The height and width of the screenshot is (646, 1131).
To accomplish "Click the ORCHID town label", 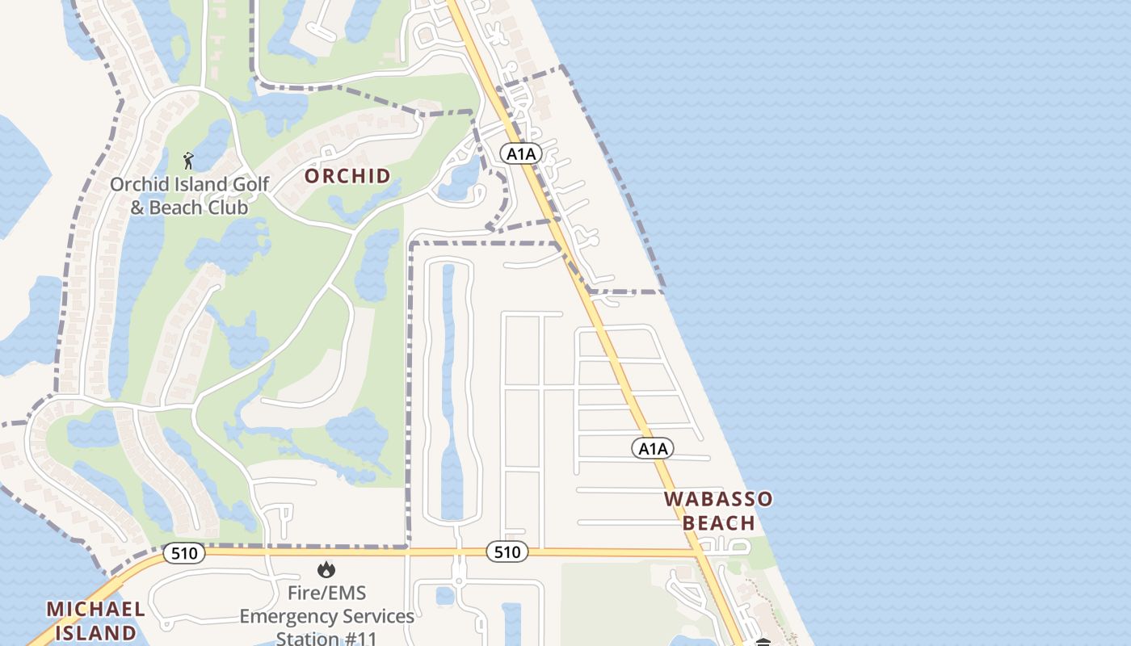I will coord(347,176).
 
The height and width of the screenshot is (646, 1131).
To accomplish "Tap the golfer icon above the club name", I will coord(188,161).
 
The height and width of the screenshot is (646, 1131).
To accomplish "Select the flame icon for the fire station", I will coord(326,570).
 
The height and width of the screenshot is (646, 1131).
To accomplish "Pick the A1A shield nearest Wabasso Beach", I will coord(652,449).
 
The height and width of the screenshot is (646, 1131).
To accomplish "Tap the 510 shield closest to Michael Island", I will coord(184,554).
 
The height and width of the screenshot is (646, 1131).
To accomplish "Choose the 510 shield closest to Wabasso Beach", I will coord(507,552).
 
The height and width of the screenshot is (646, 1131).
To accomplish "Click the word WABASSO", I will coord(718,499).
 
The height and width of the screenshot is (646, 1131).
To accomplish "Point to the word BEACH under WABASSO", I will coord(719,523).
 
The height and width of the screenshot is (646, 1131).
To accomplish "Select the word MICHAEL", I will coord(96,609).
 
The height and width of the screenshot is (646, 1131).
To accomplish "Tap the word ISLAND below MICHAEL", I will coord(96,632).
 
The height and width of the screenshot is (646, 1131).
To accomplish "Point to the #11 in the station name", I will coord(359,639).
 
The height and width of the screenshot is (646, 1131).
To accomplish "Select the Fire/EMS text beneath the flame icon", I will coord(326,594).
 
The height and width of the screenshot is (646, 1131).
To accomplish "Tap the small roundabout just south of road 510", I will coord(458,580).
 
